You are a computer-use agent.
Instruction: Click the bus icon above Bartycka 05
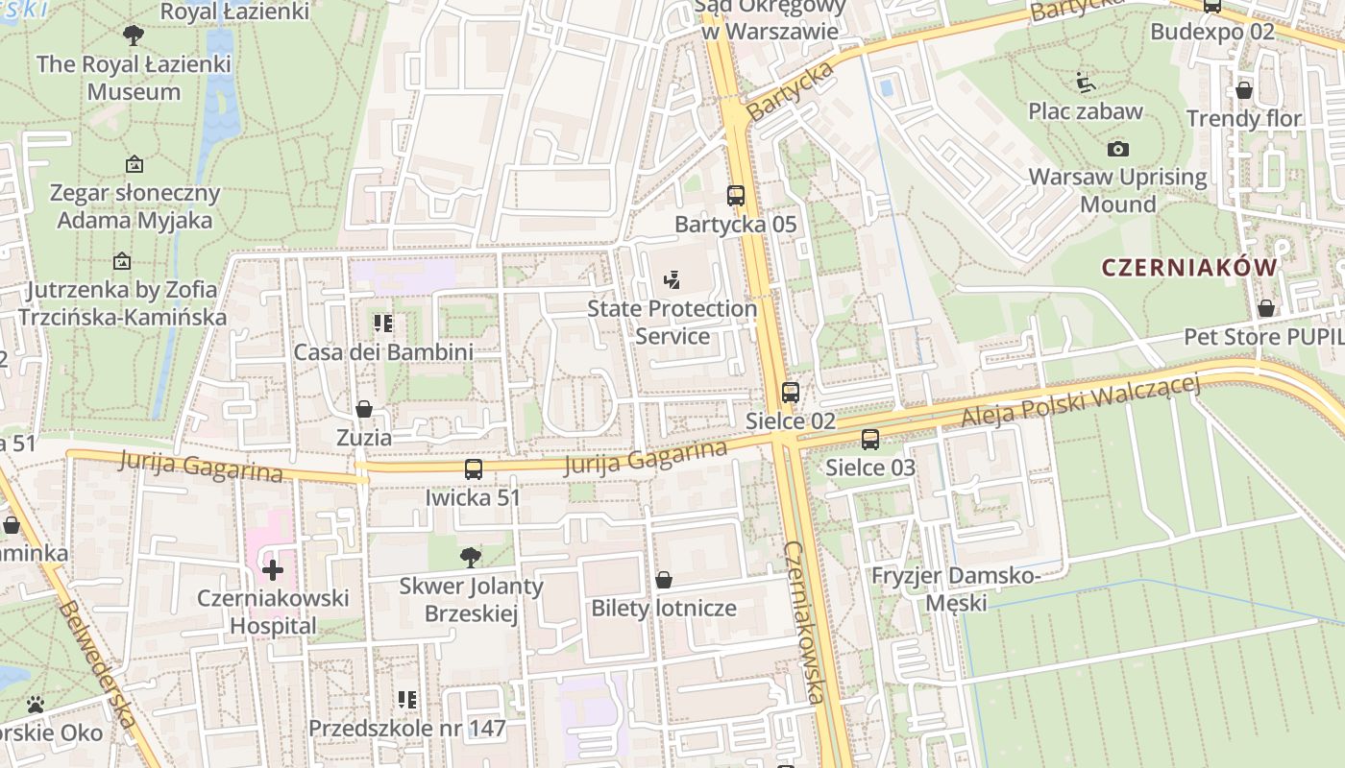[x=736, y=196]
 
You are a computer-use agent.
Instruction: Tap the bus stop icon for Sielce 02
[x=790, y=393]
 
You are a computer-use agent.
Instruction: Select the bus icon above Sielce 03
[x=870, y=440]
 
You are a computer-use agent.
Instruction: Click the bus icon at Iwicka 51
[x=474, y=469]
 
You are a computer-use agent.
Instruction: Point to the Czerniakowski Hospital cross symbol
[x=273, y=570]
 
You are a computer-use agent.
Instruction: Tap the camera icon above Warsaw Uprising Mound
[x=1117, y=149]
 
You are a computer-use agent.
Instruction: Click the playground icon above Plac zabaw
[x=1086, y=83]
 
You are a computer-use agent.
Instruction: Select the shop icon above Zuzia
[x=364, y=410]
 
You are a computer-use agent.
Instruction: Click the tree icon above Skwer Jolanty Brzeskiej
[x=471, y=557]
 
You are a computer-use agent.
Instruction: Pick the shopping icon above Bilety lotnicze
[x=663, y=580]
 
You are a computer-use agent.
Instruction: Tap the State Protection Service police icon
[x=672, y=280]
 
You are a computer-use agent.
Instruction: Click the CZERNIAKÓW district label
[x=1189, y=268]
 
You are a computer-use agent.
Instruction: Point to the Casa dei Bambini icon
[x=383, y=324]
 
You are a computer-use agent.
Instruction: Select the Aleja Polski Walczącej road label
[x=1082, y=401]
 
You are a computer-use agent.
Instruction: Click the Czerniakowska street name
[x=805, y=622]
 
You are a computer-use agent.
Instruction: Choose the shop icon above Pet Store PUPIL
[x=1266, y=308]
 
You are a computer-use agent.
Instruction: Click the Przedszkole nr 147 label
[x=407, y=729]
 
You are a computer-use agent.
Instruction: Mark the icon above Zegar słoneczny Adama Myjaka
[x=134, y=164]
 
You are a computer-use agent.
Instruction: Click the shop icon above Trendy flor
[x=1244, y=90]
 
